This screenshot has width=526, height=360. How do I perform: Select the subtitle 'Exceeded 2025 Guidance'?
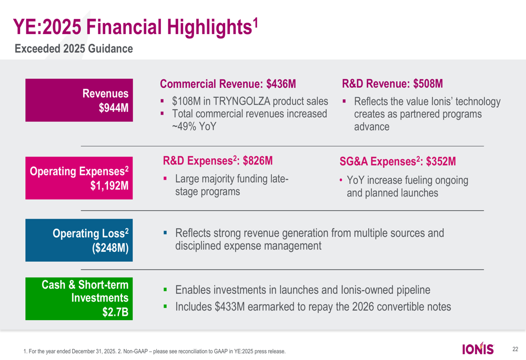74,49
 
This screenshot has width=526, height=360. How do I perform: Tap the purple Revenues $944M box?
79,100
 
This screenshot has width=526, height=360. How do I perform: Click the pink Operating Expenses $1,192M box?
79,178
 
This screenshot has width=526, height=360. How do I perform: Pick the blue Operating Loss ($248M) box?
79,240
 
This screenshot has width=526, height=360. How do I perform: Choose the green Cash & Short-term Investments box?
79,299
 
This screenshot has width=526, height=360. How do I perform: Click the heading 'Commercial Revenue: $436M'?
228,84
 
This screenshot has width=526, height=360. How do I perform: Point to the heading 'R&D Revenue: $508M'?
392,84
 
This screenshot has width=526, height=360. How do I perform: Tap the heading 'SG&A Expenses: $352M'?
398,161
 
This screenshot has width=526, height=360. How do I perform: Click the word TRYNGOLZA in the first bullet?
247,101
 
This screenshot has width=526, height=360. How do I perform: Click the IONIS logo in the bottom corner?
478,349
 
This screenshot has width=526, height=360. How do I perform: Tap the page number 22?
515,349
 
